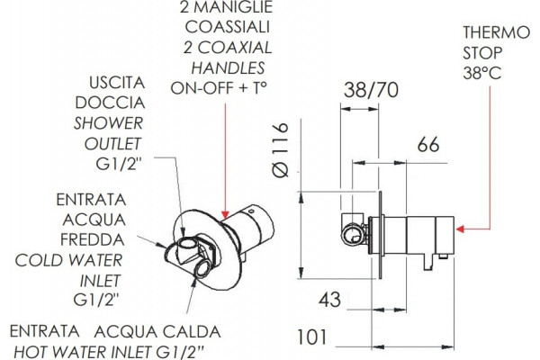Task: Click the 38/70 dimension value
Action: pyautogui.click(x=371, y=90)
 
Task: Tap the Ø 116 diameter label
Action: pyautogui.click(x=280, y=150)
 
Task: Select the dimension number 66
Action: pyautogui.click(x=428, y=145)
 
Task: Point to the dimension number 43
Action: pyautogui.click(x=329, y=300)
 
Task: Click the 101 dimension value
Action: pyautogui.click(x=312, y=337)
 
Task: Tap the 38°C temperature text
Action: pyautogui.click(x=481, y=73)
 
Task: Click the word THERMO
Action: pyautogui.click(x=496, y=32)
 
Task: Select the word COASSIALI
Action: pyautogui.click(x=227, y=27)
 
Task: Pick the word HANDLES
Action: pyautogui.click(x=228, y=67)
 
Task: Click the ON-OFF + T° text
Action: pyautogui.click(x=219, y=88)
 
